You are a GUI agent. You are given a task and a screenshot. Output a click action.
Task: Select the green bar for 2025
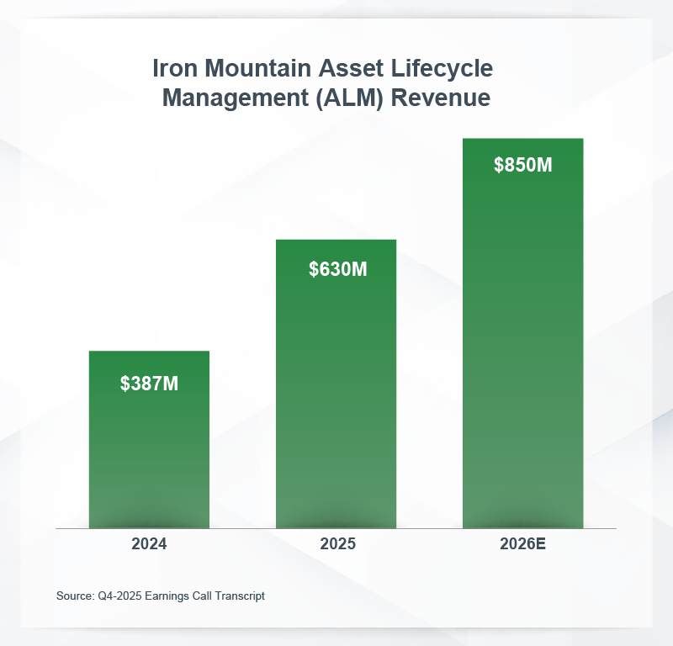point(336,395)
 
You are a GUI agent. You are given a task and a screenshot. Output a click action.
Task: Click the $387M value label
point(149,384)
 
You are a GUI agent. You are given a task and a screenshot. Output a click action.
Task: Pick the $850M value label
point(522,165)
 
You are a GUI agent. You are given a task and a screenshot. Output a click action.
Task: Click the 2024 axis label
point(149,543)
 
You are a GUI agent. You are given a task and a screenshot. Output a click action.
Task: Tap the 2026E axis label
point(522,543)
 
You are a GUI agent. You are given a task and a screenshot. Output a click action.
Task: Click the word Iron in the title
point(173,69)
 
